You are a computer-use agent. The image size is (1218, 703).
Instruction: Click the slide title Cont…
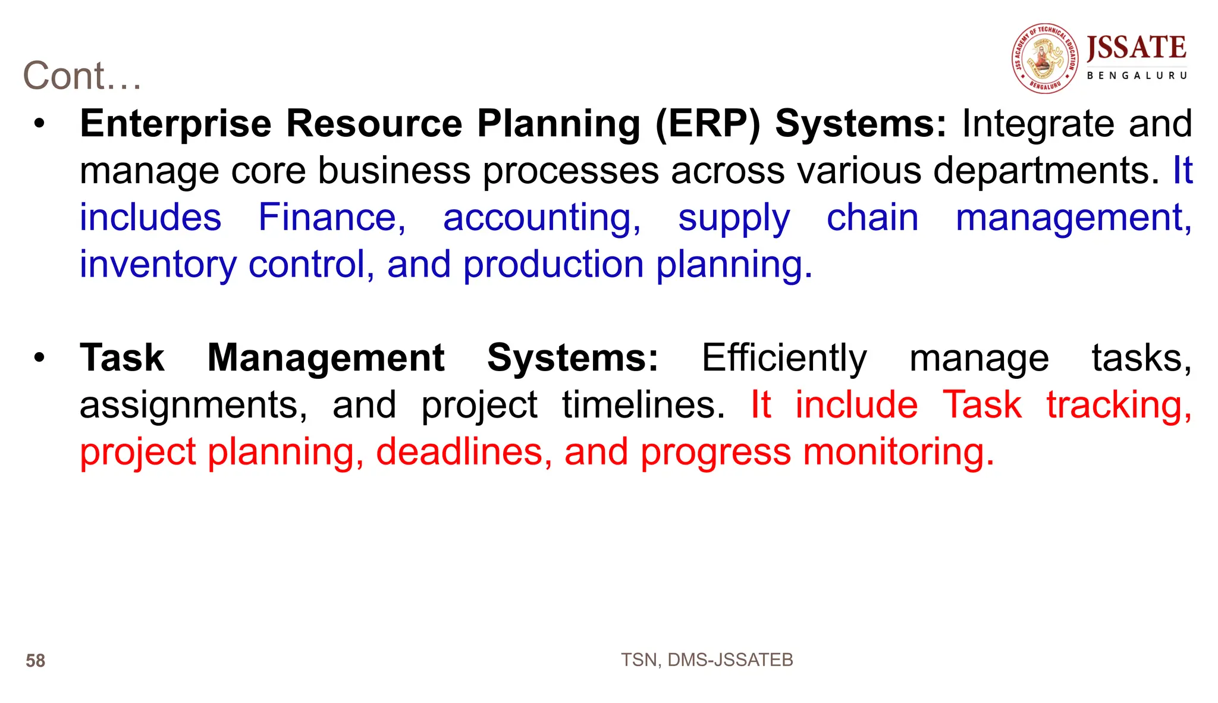[x=82, y=76]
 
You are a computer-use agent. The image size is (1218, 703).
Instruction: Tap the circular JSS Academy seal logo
[x=1045, y=58]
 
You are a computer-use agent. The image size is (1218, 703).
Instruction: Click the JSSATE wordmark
[x=1136, y=48]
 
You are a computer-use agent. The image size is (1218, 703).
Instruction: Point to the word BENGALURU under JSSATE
[x=1137, y=76]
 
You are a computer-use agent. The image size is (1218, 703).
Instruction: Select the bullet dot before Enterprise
[x=39, y=124]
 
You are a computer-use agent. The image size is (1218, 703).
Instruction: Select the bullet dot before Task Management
[x=39, y=358]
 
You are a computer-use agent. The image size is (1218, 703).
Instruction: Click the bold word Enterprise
[x=175, y=124]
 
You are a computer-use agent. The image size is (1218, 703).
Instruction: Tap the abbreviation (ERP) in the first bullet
[x=707, y=124]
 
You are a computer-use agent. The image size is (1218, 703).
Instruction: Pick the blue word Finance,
[x=332, y=218]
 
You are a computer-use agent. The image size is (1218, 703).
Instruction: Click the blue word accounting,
[x=542, y=218]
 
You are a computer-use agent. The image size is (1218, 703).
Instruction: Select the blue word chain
[x=872, y=218]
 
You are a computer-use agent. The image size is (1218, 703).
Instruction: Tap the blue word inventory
[x=158, y=265]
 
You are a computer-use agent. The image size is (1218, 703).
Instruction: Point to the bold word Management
[x=325, y=358]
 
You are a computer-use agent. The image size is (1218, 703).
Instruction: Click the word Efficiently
[x=784, y=358]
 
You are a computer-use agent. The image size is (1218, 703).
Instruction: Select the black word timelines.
[x=643, y=405]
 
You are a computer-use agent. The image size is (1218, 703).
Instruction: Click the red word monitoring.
[x=898, y=452]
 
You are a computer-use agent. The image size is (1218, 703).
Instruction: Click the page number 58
[x=35, y=661]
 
